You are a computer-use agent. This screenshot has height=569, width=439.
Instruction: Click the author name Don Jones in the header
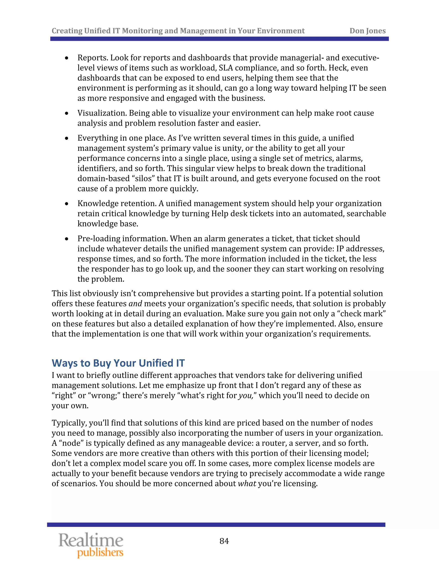point(367,31)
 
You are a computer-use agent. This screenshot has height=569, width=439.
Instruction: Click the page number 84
point(224,541)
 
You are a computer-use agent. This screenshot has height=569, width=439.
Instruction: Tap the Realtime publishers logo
point(91,545)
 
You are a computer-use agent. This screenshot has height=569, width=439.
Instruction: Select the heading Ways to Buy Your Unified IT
point(118,363)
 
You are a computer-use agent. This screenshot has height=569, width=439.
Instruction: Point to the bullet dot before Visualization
point(67,113)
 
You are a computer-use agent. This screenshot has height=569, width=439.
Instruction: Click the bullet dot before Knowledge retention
point(67,204)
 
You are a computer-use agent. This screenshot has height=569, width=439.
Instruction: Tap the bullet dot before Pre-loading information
point(67,239)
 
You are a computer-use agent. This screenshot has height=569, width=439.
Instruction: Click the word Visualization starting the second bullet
point(102,113)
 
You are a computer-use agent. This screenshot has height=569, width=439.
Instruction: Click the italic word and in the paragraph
point(135,304)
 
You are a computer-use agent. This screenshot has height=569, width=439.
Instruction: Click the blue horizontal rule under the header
point(219,39)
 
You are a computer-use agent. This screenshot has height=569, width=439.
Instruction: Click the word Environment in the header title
point(281,31)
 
